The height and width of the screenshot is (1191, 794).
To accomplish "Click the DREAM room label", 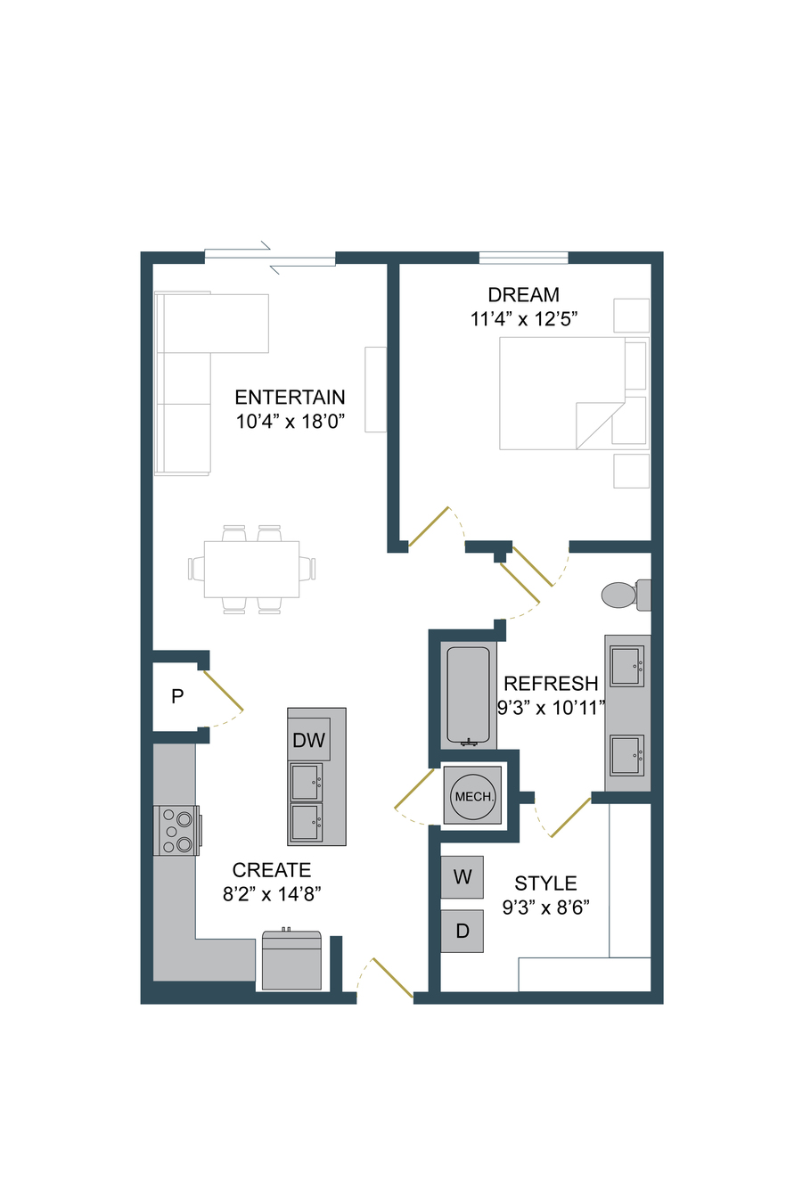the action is coord(523,294).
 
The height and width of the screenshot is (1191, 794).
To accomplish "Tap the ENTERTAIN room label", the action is coord(290,398).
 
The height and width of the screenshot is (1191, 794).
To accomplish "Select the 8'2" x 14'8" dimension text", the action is coord(272,894).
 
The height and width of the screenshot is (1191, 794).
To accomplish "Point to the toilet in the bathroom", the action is coord(626,595).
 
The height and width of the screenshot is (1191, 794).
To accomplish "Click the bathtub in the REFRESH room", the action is coord(468,696).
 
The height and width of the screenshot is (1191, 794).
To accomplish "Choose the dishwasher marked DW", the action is coord(308,739).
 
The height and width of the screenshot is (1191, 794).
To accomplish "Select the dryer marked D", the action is coord(462,931).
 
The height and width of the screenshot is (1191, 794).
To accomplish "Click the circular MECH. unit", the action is coord(472,796).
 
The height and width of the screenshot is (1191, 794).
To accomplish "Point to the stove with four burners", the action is coord(176,830).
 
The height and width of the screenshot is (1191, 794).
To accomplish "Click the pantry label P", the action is coord(177,696).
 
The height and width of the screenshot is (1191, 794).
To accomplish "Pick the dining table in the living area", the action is coord(251,569).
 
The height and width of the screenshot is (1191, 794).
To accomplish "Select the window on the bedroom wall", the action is coord(523,258).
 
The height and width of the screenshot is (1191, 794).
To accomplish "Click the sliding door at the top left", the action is coord(270,258).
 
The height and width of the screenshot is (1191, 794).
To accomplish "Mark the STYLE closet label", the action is coord(545,883).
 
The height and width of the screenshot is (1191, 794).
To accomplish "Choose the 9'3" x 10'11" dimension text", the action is coord(551,708).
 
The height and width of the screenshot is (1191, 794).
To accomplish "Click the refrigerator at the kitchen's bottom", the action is coord(291,961).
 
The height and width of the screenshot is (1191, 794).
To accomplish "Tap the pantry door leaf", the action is coord(223,691).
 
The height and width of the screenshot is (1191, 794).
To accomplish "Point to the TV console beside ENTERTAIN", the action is coord(375,390).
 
